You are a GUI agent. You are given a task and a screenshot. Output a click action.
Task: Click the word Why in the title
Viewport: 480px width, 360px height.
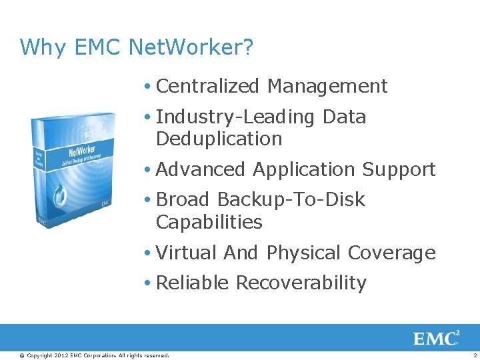click(45, 48)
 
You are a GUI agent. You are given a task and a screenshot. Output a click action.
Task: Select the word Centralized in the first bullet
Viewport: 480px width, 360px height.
click(207, 86)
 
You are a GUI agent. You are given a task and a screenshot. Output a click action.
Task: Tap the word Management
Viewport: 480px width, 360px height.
click(327, 86)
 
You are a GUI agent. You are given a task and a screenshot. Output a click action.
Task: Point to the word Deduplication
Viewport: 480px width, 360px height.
click(219, 139)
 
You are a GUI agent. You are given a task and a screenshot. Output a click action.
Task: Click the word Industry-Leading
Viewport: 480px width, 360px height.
click(235, 117)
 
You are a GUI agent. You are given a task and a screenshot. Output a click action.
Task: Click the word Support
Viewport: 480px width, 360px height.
click(399, 169)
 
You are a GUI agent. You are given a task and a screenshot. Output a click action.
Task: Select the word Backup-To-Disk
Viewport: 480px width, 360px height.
click(291, 199)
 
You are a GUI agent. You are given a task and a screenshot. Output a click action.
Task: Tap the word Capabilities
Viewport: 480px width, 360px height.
click(209, 222)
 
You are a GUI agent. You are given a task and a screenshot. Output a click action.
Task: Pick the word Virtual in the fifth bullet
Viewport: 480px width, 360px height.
click(187, 253)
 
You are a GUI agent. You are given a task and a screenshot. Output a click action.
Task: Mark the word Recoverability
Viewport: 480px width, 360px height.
click(301, 283)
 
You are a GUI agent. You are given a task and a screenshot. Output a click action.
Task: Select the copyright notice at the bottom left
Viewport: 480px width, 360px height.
click(94, 355)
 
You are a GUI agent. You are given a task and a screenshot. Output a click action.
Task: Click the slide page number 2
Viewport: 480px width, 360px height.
click(475, 355)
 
